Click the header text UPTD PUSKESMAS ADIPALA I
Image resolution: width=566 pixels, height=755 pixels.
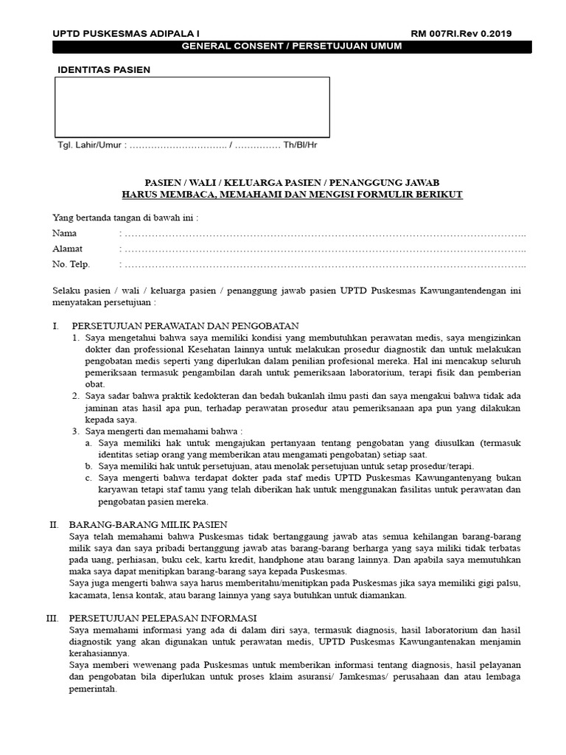coord(125,34)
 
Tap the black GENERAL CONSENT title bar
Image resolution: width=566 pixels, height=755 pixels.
coord(292,47)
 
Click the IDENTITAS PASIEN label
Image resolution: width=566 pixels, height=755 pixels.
coord(104,70)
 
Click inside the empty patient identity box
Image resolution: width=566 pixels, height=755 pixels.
coord(192,107)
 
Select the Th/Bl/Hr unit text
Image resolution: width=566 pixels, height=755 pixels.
coord(301,145)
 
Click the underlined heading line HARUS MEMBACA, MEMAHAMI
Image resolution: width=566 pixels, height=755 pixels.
coord(292,194)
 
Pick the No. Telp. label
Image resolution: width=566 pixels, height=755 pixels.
coord(71,265)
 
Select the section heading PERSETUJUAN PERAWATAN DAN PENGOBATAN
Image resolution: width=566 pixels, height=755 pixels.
coord(184,326)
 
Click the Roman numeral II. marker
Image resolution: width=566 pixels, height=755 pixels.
coord(54,524)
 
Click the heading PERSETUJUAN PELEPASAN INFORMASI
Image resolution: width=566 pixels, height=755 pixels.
coord(163,618)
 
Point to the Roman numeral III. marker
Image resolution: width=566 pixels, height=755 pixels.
coord(52,618)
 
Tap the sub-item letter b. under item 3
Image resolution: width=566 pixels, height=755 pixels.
coord(88,466)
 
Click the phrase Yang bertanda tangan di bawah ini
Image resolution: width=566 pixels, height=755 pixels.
coord(125,218)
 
